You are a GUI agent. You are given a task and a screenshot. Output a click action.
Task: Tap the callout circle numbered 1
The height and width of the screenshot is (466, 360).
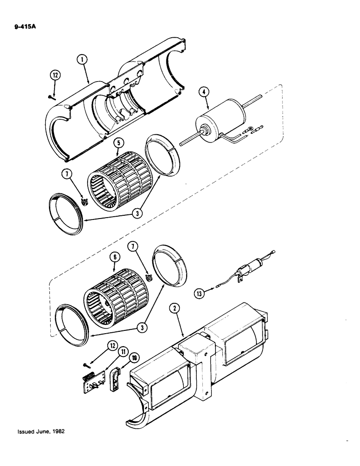pyautogui.click(x=82, y=60)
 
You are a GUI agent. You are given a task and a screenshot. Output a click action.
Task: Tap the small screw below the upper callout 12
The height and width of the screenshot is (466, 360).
pyautogui.click(x=52, y=97)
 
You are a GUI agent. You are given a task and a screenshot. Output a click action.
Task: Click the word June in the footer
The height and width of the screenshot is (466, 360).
pyautogui.click(x=41, y=432)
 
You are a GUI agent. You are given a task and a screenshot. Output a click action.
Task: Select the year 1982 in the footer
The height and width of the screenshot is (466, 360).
pyautogui.click(x=56, y=432)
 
